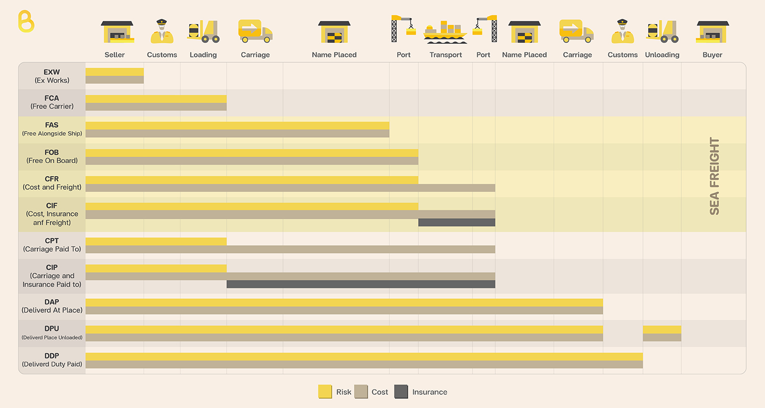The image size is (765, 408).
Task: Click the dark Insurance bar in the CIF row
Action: tap(456, 222)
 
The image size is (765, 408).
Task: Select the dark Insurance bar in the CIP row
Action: tap(361, 284)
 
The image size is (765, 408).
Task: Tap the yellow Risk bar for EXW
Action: tap(114, 72)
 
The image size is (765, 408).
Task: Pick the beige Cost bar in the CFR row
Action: tap(290, 188)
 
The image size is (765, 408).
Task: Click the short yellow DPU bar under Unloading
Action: tap(662, 329)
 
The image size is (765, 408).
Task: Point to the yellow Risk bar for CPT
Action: tap(156, 241)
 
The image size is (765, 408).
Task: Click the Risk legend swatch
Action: tap(325, 392)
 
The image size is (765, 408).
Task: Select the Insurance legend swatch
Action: tap(401, 392)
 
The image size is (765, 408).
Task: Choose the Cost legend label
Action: tap(380, 392)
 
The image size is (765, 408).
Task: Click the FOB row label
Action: tap(52, 156)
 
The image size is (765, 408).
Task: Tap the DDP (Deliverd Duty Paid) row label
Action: tap(52, 360)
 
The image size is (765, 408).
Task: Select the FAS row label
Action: tap(52, 129)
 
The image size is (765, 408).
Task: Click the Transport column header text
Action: tap(446, 55)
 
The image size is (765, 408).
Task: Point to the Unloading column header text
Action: tap(662, 55)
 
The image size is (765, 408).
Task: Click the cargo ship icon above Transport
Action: tap(446, 32)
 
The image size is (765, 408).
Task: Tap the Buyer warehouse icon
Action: tap(712, 32)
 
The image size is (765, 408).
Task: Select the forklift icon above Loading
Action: tap(203, 32)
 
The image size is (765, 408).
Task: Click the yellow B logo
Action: tap(26, 21)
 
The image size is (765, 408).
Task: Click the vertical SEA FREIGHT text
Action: tap(715, 176)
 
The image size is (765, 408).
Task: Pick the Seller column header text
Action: tap(115, 55)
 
